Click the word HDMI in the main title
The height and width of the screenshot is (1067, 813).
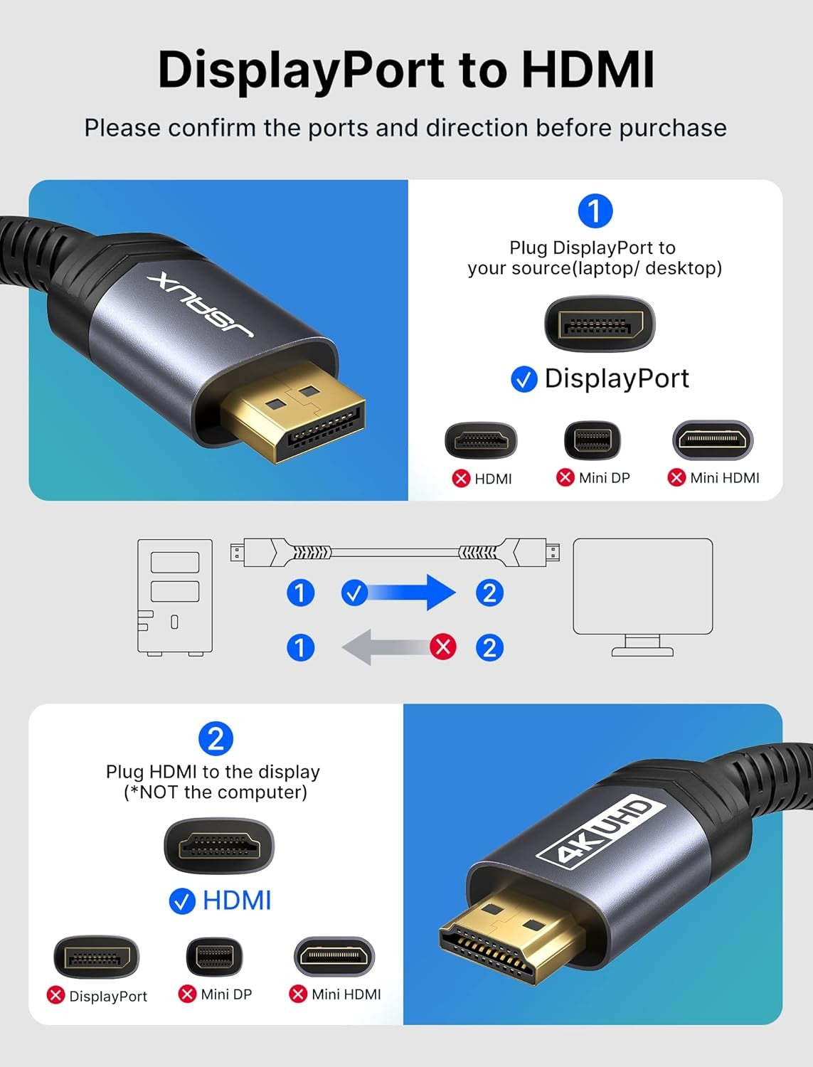588,69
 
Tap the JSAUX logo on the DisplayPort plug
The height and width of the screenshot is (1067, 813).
201,304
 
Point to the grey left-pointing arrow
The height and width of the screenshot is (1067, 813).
388,647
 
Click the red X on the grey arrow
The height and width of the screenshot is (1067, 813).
443,647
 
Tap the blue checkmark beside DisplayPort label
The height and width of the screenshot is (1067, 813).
524,379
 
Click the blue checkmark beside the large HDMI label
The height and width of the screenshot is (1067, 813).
182,901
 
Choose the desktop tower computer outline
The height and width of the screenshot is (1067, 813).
175,596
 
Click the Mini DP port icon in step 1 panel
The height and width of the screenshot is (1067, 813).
592,440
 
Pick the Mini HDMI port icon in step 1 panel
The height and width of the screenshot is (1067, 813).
712,440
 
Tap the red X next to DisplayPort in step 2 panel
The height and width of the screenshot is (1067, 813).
55,995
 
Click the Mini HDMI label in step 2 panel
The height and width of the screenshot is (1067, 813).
346,994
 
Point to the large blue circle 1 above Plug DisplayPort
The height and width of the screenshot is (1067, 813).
595,211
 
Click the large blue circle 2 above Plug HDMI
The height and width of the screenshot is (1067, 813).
216,738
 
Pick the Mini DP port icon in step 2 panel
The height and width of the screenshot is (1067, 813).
214,957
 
